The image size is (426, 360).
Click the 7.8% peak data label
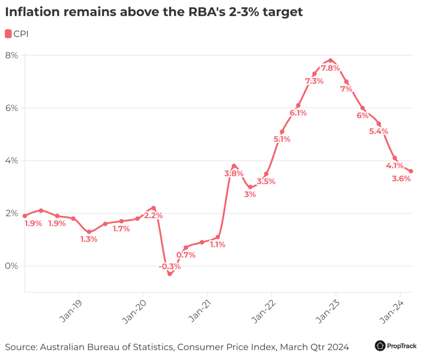coord(330,68)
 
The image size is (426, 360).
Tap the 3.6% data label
coord(401,179)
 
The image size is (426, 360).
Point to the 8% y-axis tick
coord(12,55)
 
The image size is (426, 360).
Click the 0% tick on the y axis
coord(12,266)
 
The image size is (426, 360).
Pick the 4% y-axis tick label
coord(12,161)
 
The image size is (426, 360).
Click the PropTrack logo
coord(396,346)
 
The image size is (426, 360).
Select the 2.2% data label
coord(153,216)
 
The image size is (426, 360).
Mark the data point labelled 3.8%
coord(233,166)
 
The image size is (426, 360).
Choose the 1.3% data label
coord(89,240)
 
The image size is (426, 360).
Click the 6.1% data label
coord(298,113)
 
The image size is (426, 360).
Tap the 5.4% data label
coord(379,131)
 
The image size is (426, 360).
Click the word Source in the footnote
coord(20,347)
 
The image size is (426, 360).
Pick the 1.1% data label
coord(217,245)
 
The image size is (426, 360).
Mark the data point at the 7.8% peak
coord(330,60)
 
